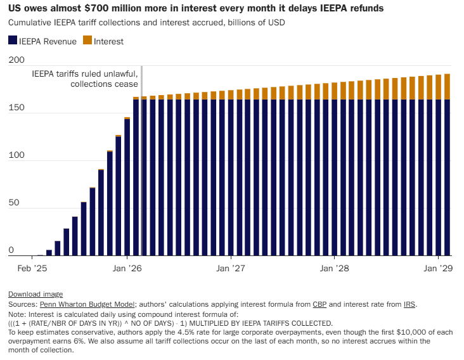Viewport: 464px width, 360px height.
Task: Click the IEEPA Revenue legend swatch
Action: click(13, 41)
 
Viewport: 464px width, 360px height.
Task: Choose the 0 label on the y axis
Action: click(11, 250)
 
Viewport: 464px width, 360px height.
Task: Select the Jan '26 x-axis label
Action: click(127, 268)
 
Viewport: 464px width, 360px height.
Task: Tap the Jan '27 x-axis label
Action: click(231, 268)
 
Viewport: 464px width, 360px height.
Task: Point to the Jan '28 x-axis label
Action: click(334, 268)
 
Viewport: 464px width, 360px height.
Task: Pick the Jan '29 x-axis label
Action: click(437, 268)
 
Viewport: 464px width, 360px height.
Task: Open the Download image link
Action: click(35, 294)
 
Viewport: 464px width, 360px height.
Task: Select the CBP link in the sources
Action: click(319, 305)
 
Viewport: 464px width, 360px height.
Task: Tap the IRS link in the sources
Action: click(409, 305)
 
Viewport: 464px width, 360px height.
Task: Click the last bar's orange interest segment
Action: click(447, 87)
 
